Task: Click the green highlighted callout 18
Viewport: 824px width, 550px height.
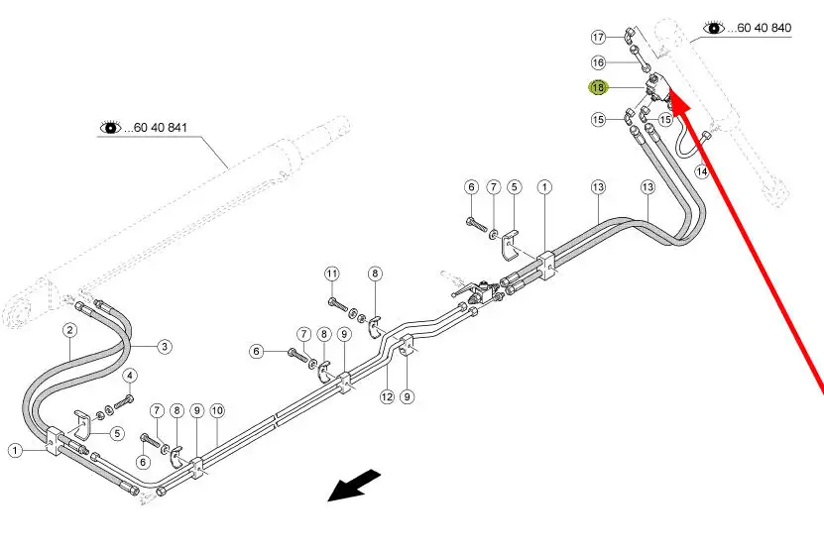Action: [598, 87]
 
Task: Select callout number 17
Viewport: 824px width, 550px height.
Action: [598, 37]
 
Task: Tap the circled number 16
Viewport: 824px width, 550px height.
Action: [598, 62]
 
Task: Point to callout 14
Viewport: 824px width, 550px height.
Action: [702, 171]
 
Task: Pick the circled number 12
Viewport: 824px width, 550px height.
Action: [387, 396]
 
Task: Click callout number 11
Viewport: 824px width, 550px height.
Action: [331, 274]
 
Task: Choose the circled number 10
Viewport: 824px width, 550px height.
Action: [217, 411]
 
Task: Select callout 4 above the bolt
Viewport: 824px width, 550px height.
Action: [130, 376]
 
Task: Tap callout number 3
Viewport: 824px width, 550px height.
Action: [165, 347]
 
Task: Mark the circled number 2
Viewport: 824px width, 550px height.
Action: [69, 330]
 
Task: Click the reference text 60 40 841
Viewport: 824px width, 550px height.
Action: [161, 128]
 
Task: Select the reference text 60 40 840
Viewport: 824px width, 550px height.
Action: [765, 28]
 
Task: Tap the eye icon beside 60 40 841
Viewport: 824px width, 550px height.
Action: [110, 127]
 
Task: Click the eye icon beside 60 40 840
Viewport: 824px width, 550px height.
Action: [714, 28]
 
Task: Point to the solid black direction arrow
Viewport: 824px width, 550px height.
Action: [354, 486]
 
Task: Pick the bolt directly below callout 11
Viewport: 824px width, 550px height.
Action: [338, 303]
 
